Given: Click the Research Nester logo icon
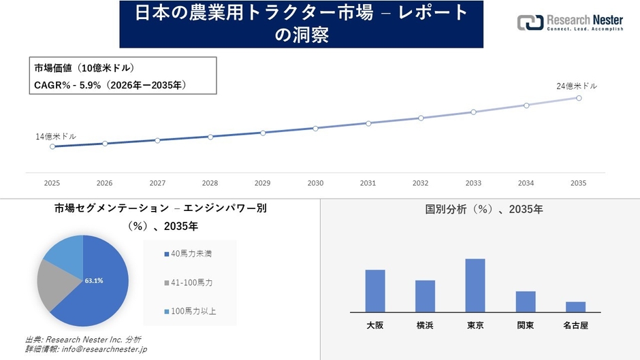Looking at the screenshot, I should coord(530,22).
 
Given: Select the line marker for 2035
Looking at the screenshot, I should coord(579,98).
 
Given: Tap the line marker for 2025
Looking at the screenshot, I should coord(52,146).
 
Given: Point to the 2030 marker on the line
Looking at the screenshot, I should coord(315,128).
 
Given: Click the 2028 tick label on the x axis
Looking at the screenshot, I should coord(210,183).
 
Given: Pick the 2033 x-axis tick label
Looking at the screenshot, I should coord(473,183).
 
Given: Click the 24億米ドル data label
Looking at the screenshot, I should coord(576,86).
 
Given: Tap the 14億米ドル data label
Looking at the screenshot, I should coord(56,137).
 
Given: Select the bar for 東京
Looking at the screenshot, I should coord(475,285).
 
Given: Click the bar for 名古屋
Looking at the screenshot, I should coord(575,306).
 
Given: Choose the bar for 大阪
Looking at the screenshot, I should coord(375,291).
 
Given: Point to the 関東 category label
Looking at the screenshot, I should coord(525,326).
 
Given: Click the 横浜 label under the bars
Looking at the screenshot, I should coord(425,326).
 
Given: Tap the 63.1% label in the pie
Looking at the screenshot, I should coord(94,280).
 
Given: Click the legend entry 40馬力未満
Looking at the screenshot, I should coord(191,254).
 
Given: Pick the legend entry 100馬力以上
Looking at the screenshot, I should coord(193,311).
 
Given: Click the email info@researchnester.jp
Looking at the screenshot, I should coord(103,349).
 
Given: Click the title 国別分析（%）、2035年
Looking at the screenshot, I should coord(479,210).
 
